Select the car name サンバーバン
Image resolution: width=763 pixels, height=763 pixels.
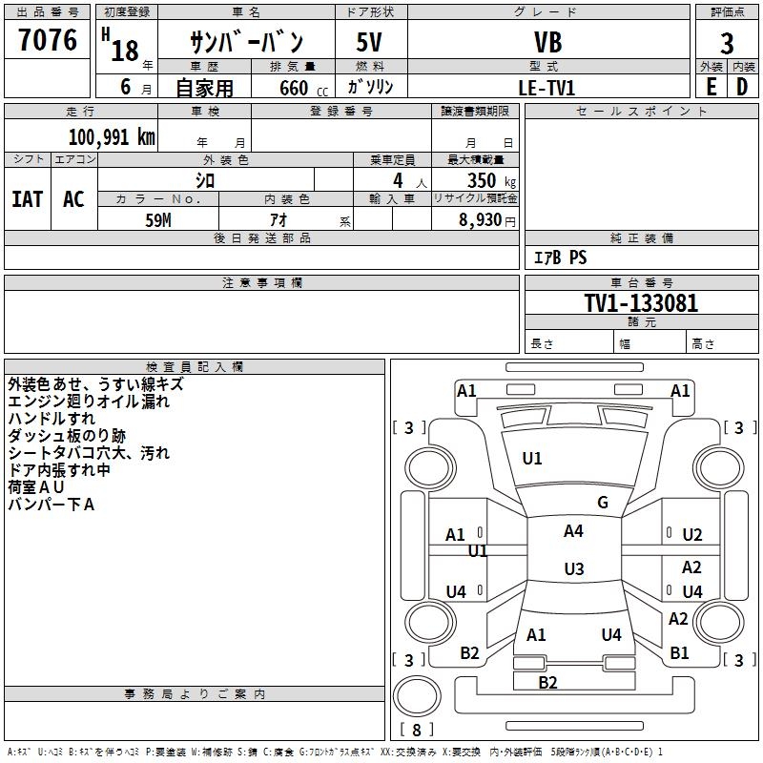click(246, 42)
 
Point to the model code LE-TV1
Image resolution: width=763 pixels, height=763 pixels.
click(546, 88)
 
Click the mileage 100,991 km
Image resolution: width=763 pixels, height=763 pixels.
click(112, 136)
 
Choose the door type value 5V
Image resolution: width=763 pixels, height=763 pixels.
click(370, 43)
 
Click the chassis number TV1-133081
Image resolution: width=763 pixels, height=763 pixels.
click(641, 303)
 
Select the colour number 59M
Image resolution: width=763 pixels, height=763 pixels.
click(157, 218)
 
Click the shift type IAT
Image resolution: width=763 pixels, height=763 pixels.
click(27, 198)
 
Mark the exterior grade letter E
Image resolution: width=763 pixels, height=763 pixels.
click(711, 87)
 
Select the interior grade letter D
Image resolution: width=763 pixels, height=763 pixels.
click(742, 87)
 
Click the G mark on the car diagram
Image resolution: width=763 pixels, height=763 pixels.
click(602, 503)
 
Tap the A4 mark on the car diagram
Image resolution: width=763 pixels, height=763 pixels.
click(573, 531)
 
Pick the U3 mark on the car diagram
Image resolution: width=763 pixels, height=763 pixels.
click(573, 569)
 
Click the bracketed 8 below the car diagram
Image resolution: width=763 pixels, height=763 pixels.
click(417, 730)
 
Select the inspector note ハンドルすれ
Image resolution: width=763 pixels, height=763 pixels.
click(52, 418)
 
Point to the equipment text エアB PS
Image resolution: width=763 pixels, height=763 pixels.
click(560, 258)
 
